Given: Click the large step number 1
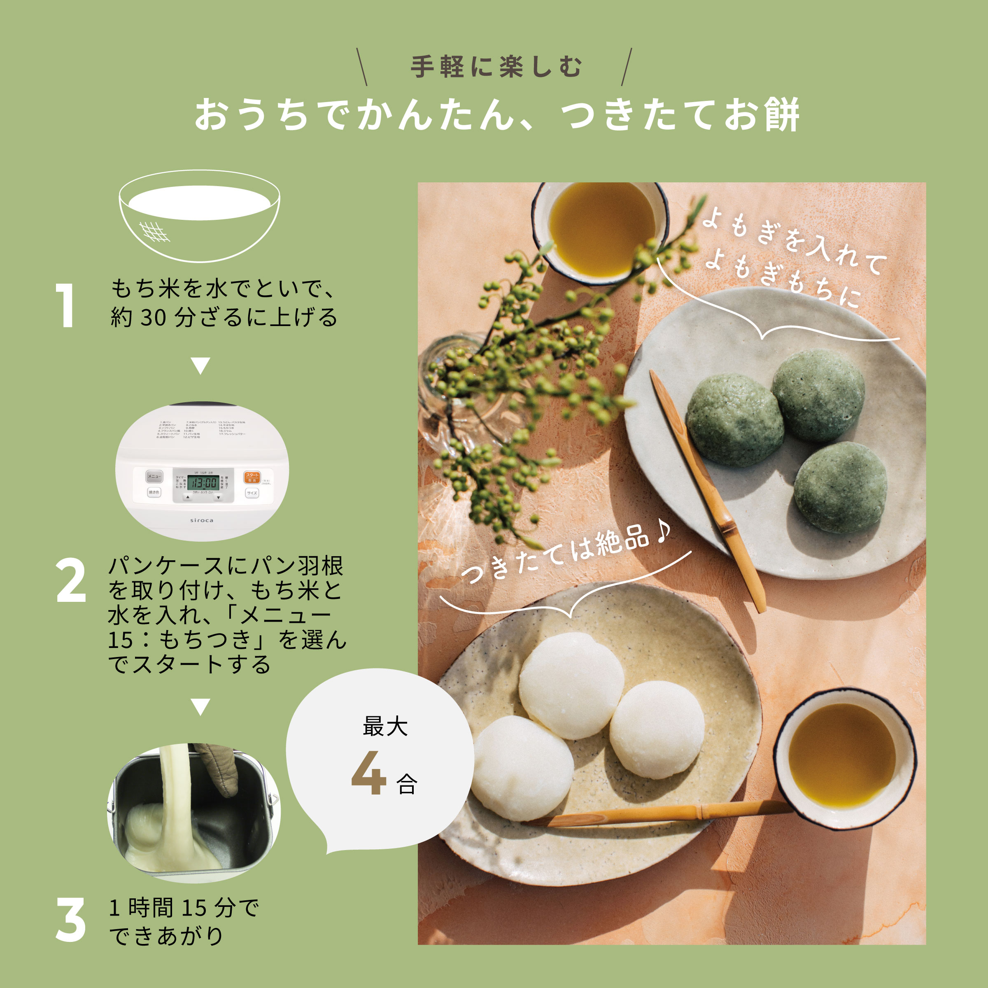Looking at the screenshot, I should pyautogui.click(x=66, y=305).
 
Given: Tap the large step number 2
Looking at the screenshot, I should pyautogui.click(x=70, y=580).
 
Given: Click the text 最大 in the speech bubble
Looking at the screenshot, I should pyautogui.click(x=385, y=726).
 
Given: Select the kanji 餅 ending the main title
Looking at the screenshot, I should pyautogui.click(x=781, y=114).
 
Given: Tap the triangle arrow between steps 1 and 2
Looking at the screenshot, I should pyautogui.click(x=200, y=366).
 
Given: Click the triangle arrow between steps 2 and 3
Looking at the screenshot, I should pyautogui.click(x=200, y=707).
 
